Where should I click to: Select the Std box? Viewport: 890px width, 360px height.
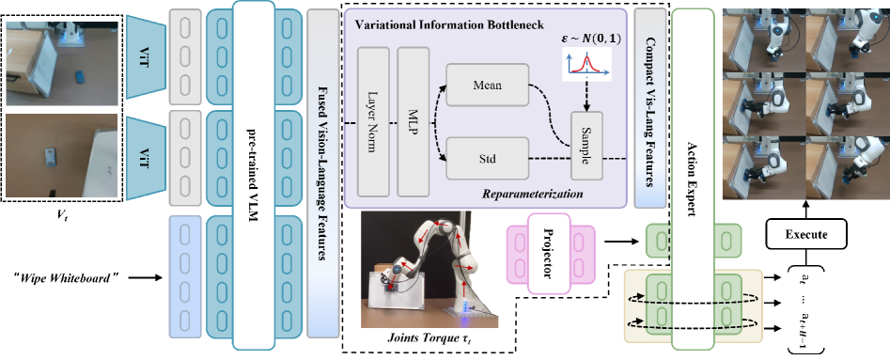tap(487, 157)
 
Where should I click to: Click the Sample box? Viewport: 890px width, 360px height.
tap(586, 146)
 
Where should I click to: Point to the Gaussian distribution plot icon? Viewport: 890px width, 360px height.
tap(586, 64)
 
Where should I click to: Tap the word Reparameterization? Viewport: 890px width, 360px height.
tap(532, 194)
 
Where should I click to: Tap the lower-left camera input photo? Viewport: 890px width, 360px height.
tap(60, 156)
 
